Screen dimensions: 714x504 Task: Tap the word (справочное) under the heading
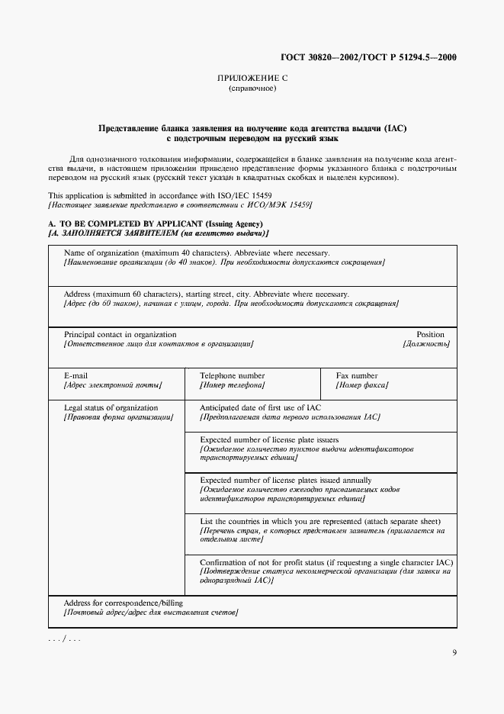(252, 88)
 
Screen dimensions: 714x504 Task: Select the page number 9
(454, 652)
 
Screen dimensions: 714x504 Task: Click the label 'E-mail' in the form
(75, 376)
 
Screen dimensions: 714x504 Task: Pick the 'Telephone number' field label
(232, 376)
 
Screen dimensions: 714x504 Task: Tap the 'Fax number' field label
(357, 376)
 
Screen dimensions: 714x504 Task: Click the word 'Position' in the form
(430, 334)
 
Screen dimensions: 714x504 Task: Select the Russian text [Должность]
(425, 344)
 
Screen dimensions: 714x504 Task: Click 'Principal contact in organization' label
(120, 334)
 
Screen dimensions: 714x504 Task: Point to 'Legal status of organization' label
(111, 407)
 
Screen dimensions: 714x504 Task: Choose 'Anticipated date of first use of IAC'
(260, 407)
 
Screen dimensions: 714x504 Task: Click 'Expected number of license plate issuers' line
(269, 439)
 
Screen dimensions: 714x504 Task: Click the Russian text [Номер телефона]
(232, 386)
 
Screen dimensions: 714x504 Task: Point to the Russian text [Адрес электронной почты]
(113, 386)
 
